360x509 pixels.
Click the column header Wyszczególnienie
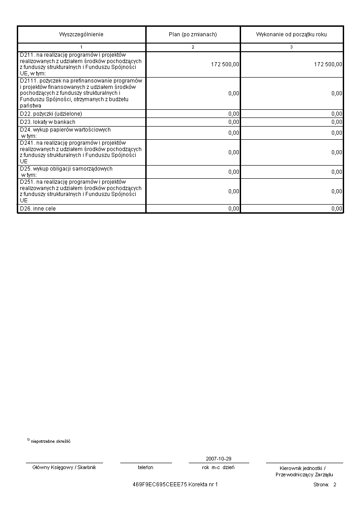[81, 34]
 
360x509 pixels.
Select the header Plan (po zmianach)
[192, 34]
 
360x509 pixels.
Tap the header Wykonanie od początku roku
[291, 34]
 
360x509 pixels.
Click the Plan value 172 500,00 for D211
[225, 64]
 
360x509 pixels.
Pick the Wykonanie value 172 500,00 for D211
[328, 64]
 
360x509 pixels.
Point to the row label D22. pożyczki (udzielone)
[51, 114]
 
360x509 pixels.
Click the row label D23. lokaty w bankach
[48, 122]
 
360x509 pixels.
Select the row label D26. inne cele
[38, 209]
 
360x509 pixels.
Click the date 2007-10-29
[218, 459]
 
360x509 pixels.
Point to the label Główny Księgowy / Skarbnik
[64, 467]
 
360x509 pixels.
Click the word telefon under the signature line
[146, 467]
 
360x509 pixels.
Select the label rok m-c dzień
[218, 467]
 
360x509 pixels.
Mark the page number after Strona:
[335, 485]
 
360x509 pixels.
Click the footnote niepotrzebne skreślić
[50, 441]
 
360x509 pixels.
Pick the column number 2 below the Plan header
[193, 47]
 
